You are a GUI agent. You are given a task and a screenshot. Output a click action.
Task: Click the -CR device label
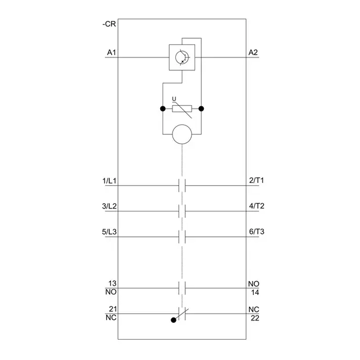pyautogui.click(x=109, y=24)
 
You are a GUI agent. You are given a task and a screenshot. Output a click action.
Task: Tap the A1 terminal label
pyautogui.click(x=111, y=53)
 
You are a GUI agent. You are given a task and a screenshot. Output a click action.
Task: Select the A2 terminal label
pyautogui.click(x=253, y=53)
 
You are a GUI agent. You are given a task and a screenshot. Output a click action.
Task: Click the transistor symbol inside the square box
pyautogui.click(x=182, y=57)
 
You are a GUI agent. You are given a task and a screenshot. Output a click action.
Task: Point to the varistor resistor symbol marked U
pyautogui.click(x=182, y=109)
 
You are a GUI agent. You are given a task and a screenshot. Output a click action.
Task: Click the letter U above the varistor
pyautogui.click(x=174, y=99)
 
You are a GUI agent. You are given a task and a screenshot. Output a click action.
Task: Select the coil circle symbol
pyautogui.click(x=182, y=134)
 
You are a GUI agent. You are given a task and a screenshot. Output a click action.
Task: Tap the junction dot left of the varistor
pyautogui.click(x=163, y=109)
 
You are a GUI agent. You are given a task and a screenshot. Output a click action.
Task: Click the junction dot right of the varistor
pyautogui.click(x=201, y=109)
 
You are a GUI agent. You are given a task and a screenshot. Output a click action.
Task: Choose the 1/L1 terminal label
pyautogui.click(x=109, y=181)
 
